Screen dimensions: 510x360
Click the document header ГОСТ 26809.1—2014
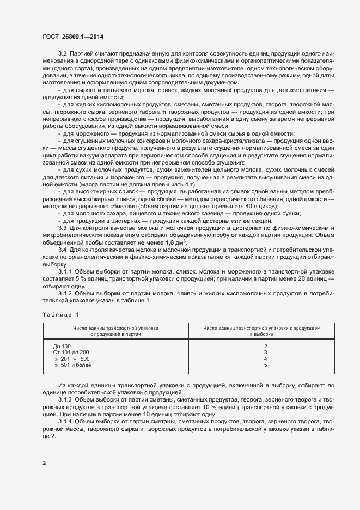(x=72, y=37)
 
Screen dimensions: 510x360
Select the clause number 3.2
(x=62, y=54)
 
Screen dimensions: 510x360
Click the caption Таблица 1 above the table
(x=60, y=314)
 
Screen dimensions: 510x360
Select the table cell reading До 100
(x=62, y=347)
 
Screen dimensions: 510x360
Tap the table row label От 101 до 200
(x=70, y=353)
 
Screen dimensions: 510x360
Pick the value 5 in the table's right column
(x=265, y=366)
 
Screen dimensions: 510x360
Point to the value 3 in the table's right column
(x=265, y=353)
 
